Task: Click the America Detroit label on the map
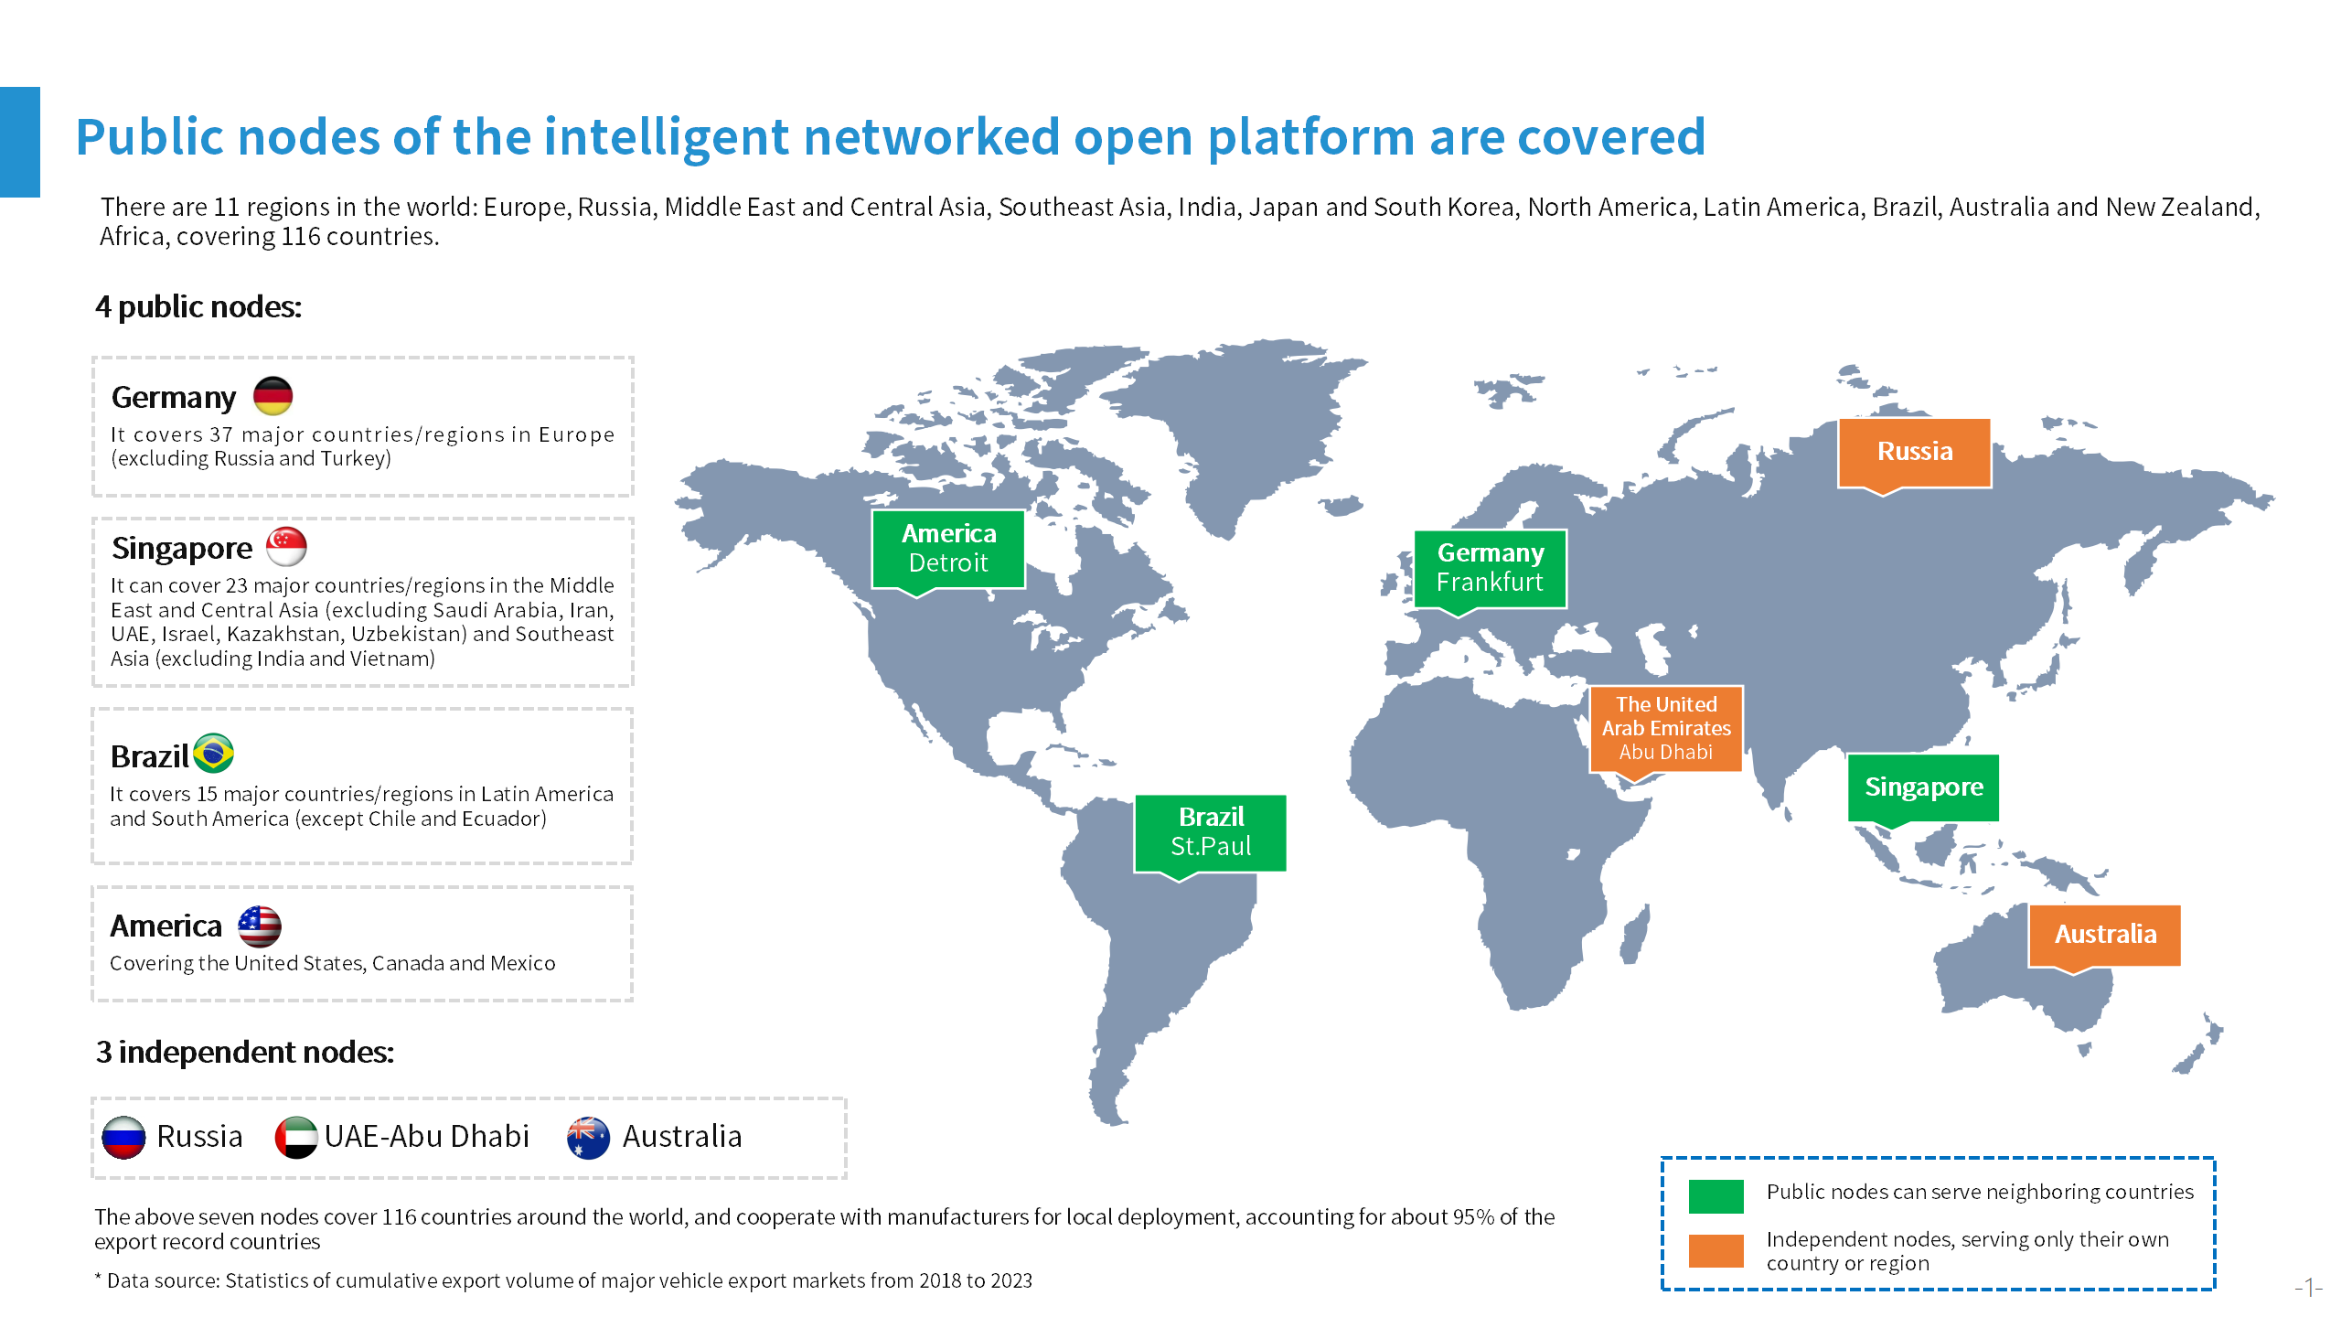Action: tap(948, 549)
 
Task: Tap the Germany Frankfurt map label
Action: tap(1491, 569)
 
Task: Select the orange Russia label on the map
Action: tap(1915, 453)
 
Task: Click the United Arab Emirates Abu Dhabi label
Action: tap(1666, 729)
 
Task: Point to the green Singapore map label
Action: tap(1923, 787)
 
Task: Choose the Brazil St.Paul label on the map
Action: tap(1211, 832)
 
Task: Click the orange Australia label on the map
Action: tap(2105, 936)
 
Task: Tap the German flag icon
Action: tap(273, 396)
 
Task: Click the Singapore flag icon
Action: tap(286, 547)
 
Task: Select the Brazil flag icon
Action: tap(214, 754)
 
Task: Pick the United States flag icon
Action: tap(260, 926)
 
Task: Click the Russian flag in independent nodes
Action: tap(123, 1137)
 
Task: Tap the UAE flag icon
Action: tap(296, 1137)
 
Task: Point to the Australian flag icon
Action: tap(588, 1137)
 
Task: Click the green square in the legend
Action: tap(1716, 1195)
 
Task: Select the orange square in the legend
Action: tap(1716, 1250)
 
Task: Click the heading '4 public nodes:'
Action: tap(198, 307)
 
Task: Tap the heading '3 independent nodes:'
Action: tap(245, 1053)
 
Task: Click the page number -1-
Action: tap(2309, 1288)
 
